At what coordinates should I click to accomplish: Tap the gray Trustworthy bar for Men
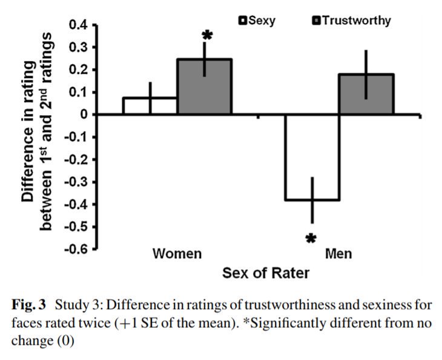(366, 94)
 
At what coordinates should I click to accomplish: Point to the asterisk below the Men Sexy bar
(311, 239)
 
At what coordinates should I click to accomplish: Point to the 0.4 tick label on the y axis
(79, 25)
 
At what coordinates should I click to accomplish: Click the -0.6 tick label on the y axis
(77, 249)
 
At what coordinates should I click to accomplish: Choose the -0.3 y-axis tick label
(77, 182)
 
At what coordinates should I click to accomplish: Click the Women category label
(177, 253)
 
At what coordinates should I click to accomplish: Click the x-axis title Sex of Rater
(266, 273)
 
